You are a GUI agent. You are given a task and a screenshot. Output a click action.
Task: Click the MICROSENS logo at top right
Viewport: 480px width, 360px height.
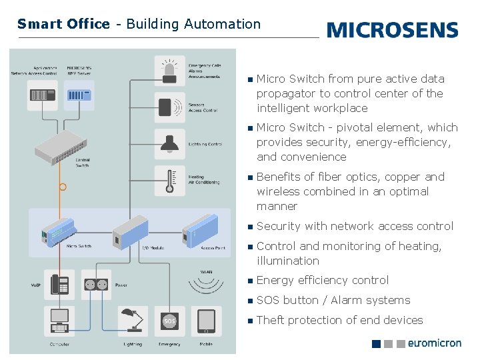click(x=392, y=30)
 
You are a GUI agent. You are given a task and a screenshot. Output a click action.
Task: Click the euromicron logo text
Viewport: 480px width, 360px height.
click(x=434, y=343)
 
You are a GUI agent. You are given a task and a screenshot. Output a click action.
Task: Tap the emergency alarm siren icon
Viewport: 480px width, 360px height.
click(x=169, y=71)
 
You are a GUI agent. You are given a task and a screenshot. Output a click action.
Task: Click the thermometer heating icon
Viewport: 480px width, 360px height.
click(x=169, y=181)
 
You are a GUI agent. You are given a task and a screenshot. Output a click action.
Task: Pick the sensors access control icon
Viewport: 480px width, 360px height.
click(x=169, y=107)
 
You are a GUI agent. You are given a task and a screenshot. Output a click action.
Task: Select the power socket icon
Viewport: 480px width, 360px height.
click(x=96, y=285)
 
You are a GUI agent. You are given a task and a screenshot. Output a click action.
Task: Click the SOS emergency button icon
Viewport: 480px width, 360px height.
click(x=169, y=321)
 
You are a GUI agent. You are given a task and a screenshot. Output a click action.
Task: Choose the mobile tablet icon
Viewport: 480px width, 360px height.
click(x=206, y=321)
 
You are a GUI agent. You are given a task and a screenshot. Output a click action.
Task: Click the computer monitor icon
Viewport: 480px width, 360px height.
click(x=60, y=321)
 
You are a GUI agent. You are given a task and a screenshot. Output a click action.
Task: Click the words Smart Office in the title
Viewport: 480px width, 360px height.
click(x=63, y=24)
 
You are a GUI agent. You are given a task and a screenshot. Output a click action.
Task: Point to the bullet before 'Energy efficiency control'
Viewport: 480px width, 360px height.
click(x=249, y=281)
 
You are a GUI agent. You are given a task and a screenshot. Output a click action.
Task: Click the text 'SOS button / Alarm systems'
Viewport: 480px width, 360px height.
click(x=333, y=301)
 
